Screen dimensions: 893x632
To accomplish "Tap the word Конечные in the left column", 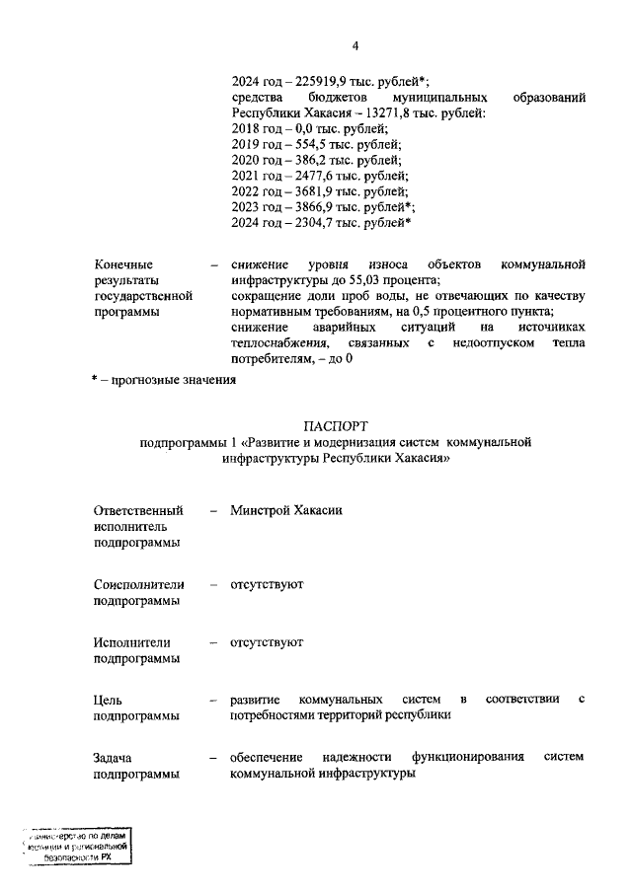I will [x=123, y=265].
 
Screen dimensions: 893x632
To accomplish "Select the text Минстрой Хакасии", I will [x=286, y=511].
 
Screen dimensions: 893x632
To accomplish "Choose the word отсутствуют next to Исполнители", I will [x=267, y=642].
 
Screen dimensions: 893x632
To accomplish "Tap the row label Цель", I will [x=109, y=700].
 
